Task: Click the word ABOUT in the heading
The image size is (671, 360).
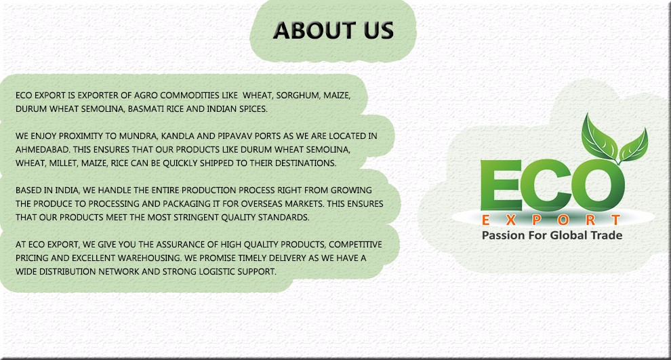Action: coord(314,31)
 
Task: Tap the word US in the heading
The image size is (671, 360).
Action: coord(378,31)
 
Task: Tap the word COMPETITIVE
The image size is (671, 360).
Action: coord(355,245)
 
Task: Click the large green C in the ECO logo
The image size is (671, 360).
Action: coord(546,185)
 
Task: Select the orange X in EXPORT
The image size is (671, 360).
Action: coord(510,220)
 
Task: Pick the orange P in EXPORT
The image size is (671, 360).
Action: coord(537,220)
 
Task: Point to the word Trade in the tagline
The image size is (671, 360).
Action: coord(607,235)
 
